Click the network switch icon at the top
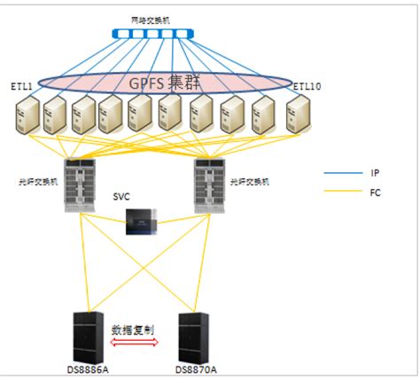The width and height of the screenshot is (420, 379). (x=152, y=35)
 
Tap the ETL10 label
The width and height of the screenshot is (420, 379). (x=307, y=85)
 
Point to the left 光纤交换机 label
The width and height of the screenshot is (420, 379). (x=37, y=181)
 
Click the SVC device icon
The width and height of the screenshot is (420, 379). (x=142, y=221)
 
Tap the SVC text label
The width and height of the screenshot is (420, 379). (x=122, y=196)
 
